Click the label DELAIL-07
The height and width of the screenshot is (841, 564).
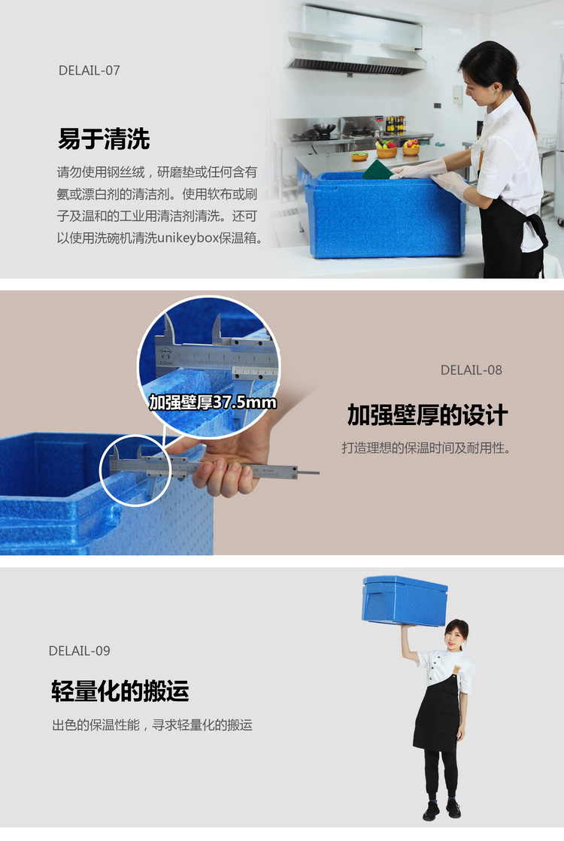pyautogui.click(x=89, y=70)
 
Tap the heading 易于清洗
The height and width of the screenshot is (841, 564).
pyautogui.click(x=104, y=139)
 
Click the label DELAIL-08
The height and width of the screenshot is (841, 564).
pyautogui.click(x=472, y=370)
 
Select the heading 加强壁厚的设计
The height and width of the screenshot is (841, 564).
pyautogui.click(x=427, y=415)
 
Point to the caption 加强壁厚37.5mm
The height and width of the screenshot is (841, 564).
pyautogui.click(x=213, y=402)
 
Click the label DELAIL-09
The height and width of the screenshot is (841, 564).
pyautogui.click(x=80, y=651)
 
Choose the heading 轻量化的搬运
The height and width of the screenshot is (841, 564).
pyautogui.click(x=120, y=691)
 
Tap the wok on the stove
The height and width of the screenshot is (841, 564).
pyautogui.click(x=324, y=129)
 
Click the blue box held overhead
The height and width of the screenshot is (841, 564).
pyautogui.click(x=405, y=601)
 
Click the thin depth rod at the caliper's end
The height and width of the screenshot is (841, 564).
pyautogui.click(x=309, y=473)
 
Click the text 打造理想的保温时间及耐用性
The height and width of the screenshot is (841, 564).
pyautogui.click(x=426, y=448)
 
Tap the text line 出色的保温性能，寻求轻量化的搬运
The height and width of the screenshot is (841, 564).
pyautogui.click(x=152, y=725)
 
